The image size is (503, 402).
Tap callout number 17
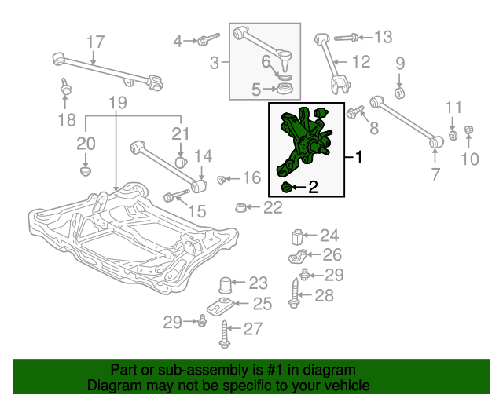point(96,42)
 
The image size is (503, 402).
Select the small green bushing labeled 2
point(286,188)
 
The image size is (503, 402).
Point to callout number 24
point(329,236)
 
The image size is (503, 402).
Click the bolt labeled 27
point(225,334)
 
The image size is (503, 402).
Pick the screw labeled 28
point(295,294)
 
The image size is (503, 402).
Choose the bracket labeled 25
point(221,305)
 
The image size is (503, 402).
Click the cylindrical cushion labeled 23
point(226,285)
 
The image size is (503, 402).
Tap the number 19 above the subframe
point(118,103)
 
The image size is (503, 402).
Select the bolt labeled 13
point(347,38)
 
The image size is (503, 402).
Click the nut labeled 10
point(468,130)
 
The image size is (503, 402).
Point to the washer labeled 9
point(399,93)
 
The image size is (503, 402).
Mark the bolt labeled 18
point(66,86)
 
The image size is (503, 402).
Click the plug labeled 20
point(86,170)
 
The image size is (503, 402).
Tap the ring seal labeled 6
point(285,77)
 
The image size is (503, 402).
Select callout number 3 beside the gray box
point(215,63)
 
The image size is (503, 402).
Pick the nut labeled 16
point(221,180)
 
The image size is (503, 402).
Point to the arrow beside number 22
point(253,207)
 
